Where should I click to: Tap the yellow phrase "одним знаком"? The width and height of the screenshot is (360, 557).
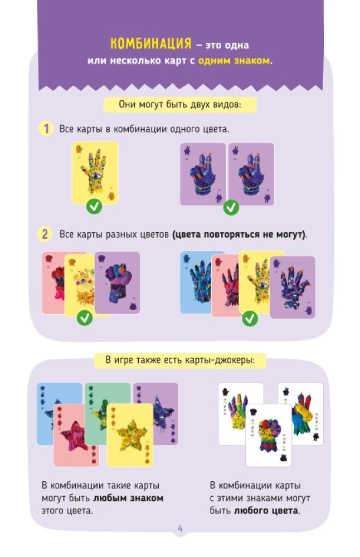tap(234, 60)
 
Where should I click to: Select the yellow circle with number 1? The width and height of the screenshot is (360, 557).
tap(46, 129)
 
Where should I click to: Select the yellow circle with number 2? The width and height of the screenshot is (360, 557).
tap(45, 234)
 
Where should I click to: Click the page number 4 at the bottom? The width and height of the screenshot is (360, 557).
tap(180, 528)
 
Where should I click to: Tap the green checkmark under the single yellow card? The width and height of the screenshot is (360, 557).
tap(94, 206)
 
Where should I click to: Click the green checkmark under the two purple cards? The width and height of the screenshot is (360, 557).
tap(231, 207)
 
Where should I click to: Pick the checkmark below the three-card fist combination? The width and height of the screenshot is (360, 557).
tap(85, 317)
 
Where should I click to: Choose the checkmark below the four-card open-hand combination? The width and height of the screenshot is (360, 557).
tap(250, 318)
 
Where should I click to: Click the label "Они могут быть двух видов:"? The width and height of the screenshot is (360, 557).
tap(180, 105)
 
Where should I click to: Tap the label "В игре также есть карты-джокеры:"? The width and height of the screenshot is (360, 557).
tap(180, 360)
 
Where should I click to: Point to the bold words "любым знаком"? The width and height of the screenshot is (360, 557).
tap(128, 498)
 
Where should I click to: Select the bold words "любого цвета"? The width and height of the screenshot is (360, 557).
tap(266, 511)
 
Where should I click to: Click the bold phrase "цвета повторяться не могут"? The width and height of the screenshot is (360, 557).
tap(238, 234)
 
